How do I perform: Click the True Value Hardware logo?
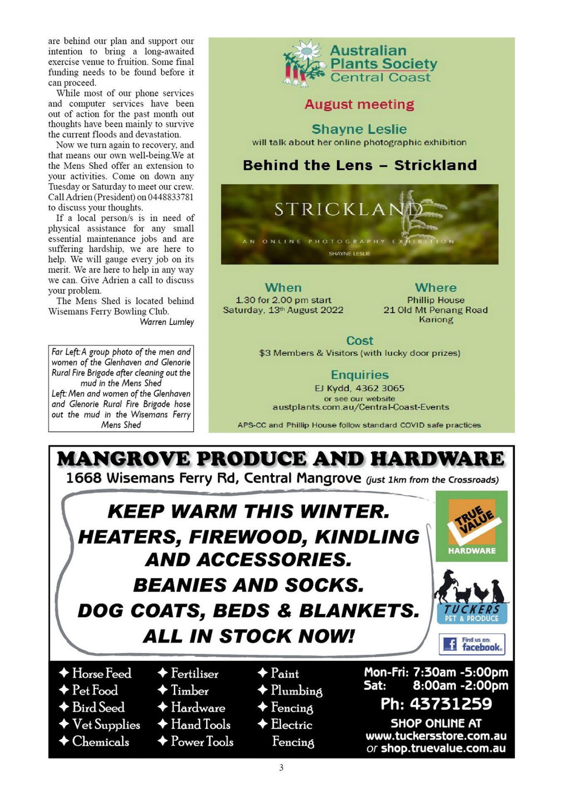[471, 526]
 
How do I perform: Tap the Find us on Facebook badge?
[472, 644]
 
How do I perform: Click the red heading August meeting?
[359, 104]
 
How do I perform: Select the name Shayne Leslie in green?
[359, 129]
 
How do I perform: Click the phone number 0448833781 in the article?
[171, 197]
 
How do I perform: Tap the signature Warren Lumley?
[167, 322]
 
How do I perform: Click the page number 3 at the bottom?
[281, 767]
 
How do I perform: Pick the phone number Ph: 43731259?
[436, 704]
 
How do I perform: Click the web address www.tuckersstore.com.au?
[436, 736]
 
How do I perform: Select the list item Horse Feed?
[102, 673]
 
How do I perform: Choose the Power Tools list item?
[202, 741]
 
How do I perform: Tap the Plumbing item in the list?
[296, 690]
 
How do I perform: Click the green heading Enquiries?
[359, 375]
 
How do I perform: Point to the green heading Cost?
[359, 341]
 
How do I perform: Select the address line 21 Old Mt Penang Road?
[435, 310]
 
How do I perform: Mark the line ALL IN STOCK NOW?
[249, 636]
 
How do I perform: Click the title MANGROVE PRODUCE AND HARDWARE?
[281, 459]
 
